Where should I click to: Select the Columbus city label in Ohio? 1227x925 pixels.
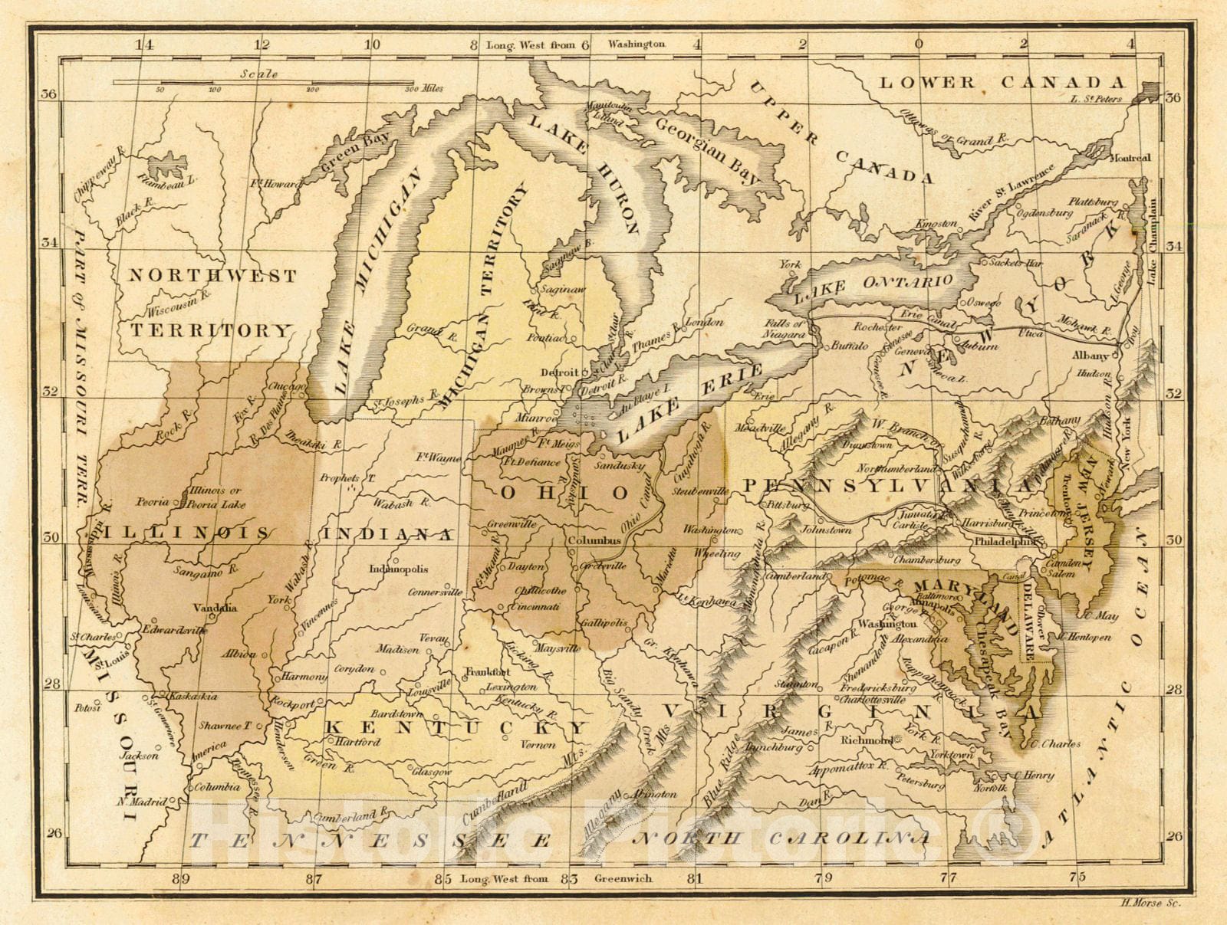click(594, 540)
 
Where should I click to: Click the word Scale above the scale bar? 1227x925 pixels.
click(258, 74)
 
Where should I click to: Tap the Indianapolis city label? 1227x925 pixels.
click(398, 569)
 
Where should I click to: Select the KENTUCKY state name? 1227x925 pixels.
click(456, 727)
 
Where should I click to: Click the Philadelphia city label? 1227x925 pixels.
click(1005, 540)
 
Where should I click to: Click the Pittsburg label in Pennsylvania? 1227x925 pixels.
click(788, 506)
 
